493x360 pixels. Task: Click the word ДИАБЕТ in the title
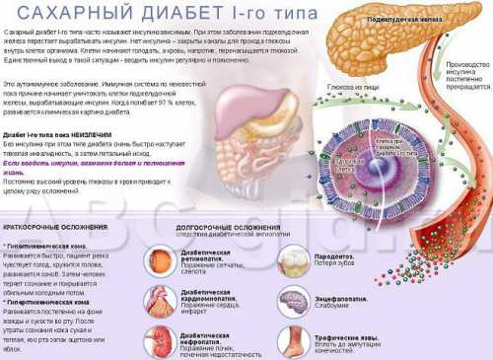164,15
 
